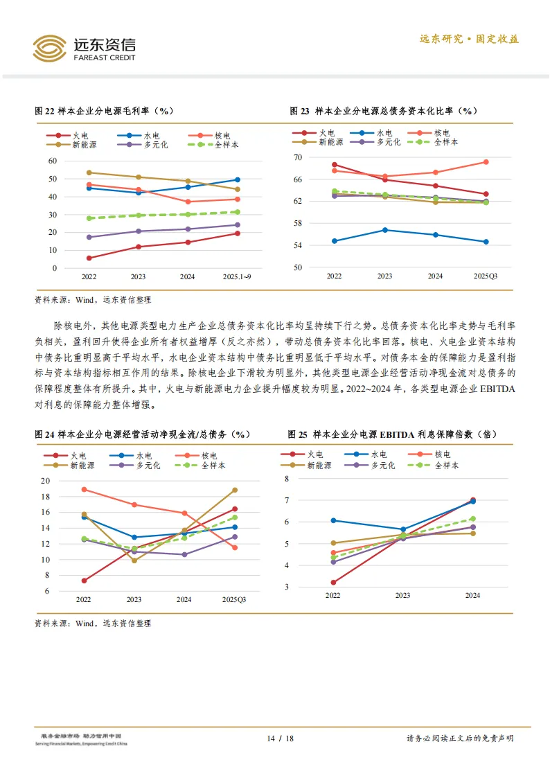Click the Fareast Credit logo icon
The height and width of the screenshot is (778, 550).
tap(50, 48)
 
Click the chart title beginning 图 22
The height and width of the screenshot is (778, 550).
tap(104, 111)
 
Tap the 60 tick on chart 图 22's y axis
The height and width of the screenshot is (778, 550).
tap(52, 161)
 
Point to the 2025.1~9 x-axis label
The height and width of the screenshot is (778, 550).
tap(237, 277)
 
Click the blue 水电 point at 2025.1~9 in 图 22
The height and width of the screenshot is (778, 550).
tap(237, 179)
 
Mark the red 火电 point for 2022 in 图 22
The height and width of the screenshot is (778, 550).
tap(89, 258)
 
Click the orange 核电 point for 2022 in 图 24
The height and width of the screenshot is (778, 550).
tap(84, 489)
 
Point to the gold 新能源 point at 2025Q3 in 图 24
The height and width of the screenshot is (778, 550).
tap(235, 490)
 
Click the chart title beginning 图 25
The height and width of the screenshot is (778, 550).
tap(392, 434)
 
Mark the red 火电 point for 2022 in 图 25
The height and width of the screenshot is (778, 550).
tap(333, 583)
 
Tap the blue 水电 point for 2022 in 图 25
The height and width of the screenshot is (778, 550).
tap(333, 520)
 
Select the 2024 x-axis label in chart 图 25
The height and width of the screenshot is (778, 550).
tap(472, 595)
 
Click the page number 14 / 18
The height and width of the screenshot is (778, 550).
tap(281, 739)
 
